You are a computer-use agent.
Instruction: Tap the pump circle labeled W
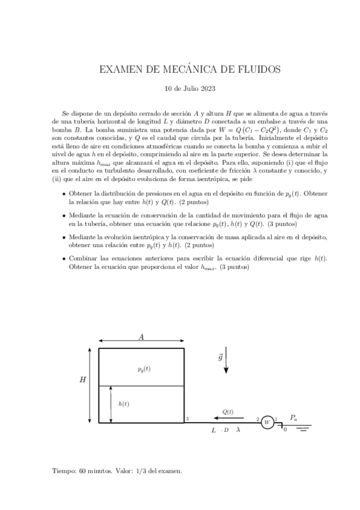point(267,422)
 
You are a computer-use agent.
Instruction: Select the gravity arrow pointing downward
point(226,361)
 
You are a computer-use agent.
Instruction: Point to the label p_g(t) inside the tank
point(144,369)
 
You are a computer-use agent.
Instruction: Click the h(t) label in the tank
point(124,404)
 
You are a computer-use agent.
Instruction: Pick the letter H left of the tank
point(82,380)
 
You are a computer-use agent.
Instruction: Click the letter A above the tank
point(141,337)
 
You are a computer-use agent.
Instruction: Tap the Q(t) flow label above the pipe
point(228,412)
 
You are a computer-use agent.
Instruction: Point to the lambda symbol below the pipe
point(239,431)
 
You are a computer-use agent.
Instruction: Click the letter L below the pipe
point(213,431)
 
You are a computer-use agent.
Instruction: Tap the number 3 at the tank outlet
point(188,419)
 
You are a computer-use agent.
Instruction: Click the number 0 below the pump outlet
point(285,430)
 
